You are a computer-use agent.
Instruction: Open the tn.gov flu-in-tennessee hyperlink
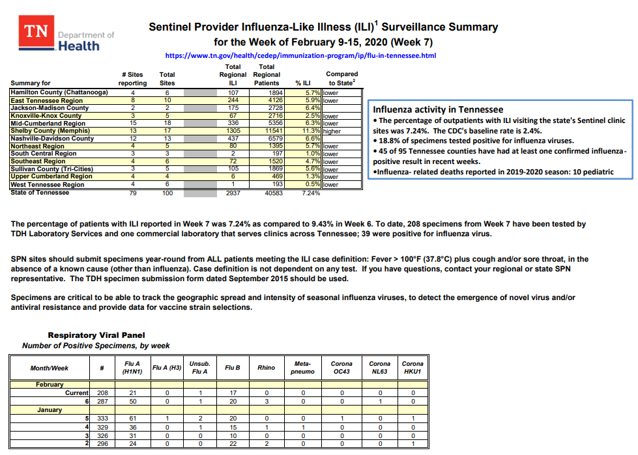(300, 56)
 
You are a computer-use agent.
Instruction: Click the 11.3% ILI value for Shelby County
(310, 131)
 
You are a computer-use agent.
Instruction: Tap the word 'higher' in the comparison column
(332, 131)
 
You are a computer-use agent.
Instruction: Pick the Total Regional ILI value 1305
(233, 131)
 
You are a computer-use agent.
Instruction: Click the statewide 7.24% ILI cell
(310, 193)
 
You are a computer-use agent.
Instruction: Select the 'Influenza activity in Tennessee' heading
(437, 109)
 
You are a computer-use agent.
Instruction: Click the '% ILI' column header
(303, 83)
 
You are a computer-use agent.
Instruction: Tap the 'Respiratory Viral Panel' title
(105, 335)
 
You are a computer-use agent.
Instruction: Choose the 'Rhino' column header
(266, 368)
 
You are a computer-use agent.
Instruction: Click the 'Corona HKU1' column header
(413, 368)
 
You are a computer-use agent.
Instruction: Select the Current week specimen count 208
(102, 393)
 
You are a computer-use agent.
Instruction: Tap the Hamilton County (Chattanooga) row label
(59, 92)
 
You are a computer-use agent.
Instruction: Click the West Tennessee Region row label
(48, 185)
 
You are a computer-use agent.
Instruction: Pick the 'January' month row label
(50, 410)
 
